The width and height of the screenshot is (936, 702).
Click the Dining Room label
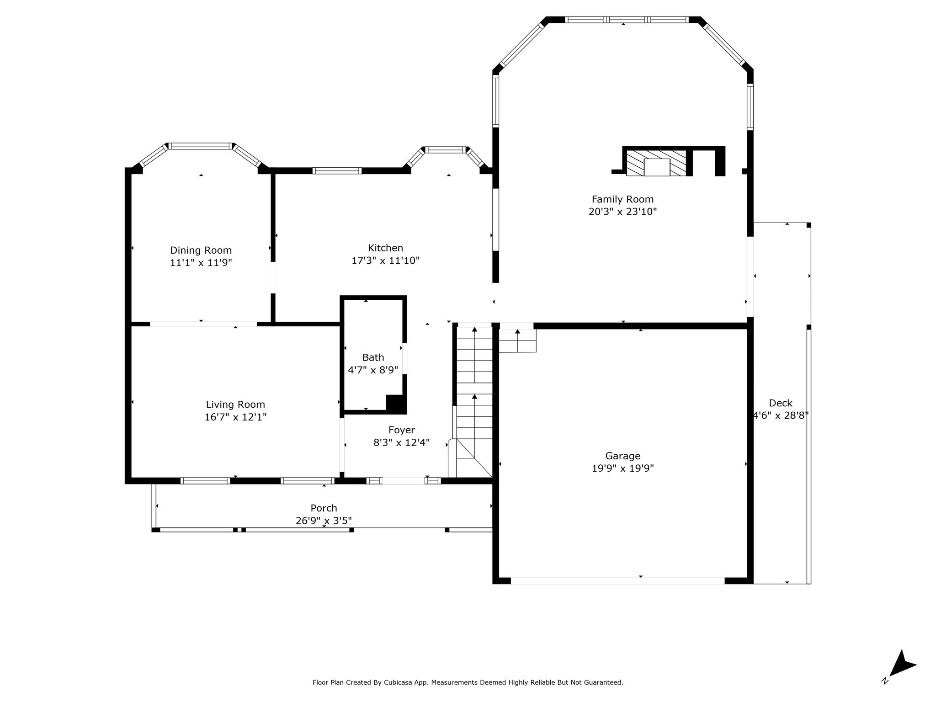[x=201, y=250]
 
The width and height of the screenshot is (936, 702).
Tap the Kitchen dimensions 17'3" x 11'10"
[x=385, y=261]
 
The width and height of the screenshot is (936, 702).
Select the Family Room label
[x=622, y=199]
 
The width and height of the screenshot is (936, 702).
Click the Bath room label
[x=373, y=357]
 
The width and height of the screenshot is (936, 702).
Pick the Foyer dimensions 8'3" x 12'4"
[x=402, y=443]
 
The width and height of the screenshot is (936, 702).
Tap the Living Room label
[x=235, y=404]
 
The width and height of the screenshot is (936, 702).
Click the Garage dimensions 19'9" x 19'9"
[x=623, y=468]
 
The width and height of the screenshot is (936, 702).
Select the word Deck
[x=781, y=403]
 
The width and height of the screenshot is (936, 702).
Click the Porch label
[x=324, y=508]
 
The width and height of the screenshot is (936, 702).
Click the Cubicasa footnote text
[x=468, y=682]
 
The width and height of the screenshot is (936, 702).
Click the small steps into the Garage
[x=517, y=340]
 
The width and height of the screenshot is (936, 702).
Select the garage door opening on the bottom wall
[x=617, y=580]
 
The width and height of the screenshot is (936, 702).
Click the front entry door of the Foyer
[x=404, y=480]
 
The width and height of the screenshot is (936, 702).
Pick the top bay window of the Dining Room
[x=201, y=146]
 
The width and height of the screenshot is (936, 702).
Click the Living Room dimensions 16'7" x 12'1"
[x=235, y=417]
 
